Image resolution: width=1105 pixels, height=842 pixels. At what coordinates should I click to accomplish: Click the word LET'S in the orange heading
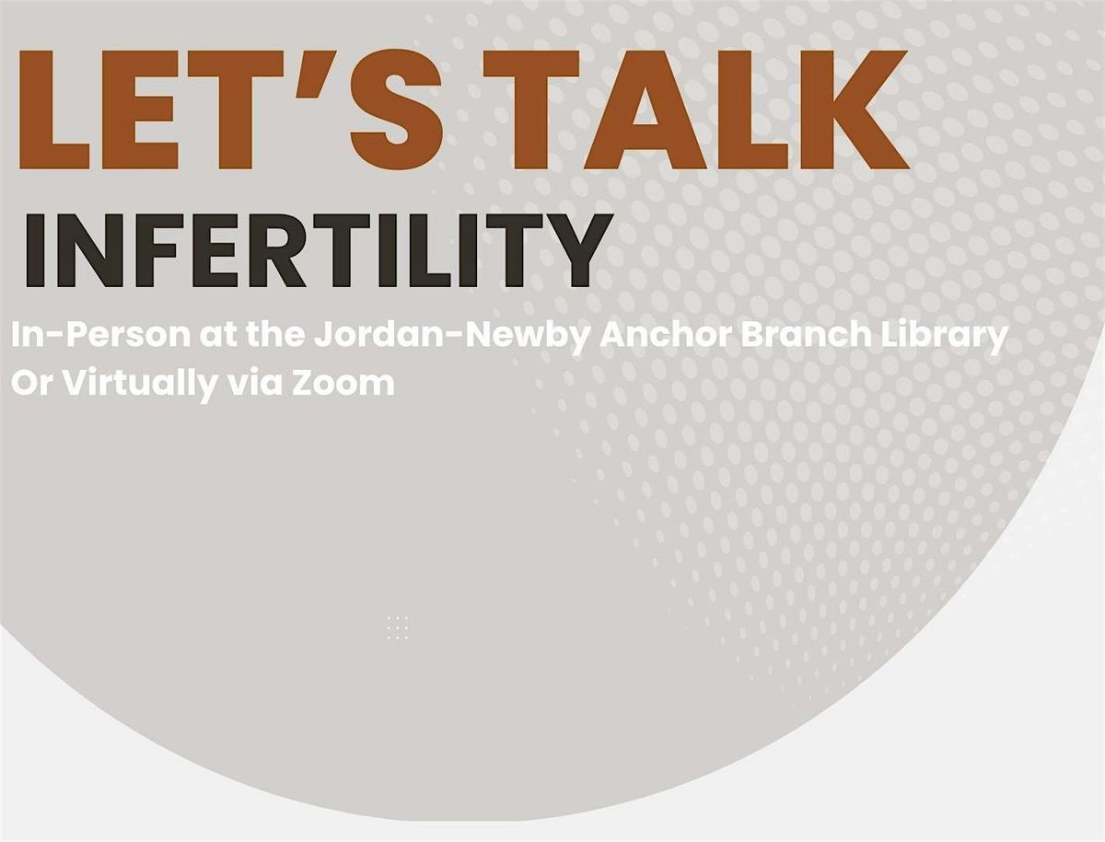pyautogui.click(x=231, y=110)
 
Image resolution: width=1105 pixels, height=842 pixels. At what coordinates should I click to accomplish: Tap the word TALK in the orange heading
pyautogui.click(x=696, y=110)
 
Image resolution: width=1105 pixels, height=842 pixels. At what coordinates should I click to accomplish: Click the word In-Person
pyautogui.click(x=100, y=336)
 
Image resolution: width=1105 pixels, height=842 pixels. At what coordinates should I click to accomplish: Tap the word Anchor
pyautogui.click(x=665, y=335)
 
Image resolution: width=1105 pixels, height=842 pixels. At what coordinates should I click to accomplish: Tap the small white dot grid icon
pyautogui.click(x=398, y=628)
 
